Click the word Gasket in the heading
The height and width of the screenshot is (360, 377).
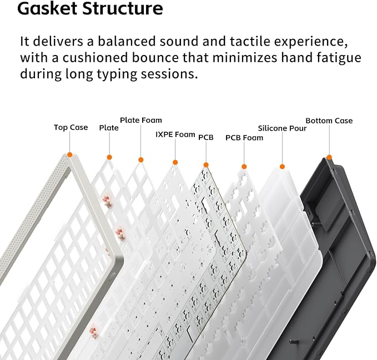[48, 8]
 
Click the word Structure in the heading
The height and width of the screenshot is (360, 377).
[122, 8]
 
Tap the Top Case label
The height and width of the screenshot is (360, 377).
[71, 127]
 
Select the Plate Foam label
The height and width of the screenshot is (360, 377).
[141, 120]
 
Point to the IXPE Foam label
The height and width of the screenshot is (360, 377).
[175, 134]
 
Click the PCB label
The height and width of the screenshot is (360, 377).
[206, 137]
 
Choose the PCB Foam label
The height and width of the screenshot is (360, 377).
[244, 138]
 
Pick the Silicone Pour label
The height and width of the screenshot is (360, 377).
[282, 128]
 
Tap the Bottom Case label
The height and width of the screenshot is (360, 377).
[329, 121]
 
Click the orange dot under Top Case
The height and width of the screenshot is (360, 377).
[70, 155]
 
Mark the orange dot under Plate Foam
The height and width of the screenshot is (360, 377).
[141, 160]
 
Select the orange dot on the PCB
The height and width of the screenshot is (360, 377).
[206, 165]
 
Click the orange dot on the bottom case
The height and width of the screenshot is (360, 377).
[329, 158]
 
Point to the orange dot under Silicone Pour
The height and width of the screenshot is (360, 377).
[283, 167]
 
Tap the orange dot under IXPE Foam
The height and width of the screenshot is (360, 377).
[175, 162]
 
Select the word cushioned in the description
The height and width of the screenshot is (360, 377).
[95, 58]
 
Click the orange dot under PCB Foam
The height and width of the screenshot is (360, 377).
[244, 167]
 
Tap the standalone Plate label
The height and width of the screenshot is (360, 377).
[109, 128]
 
